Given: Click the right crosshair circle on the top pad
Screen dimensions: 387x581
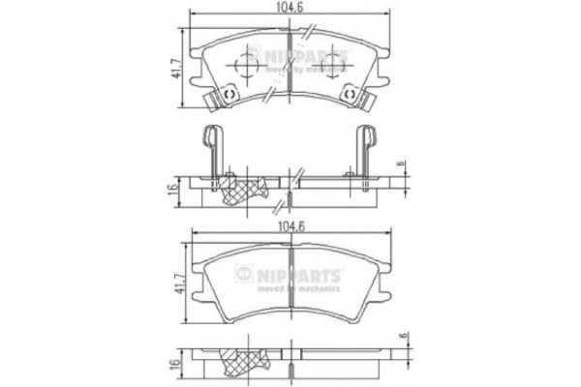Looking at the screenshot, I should tap(334, 66).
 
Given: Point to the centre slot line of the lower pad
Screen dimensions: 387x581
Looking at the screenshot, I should tap(290, 295).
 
